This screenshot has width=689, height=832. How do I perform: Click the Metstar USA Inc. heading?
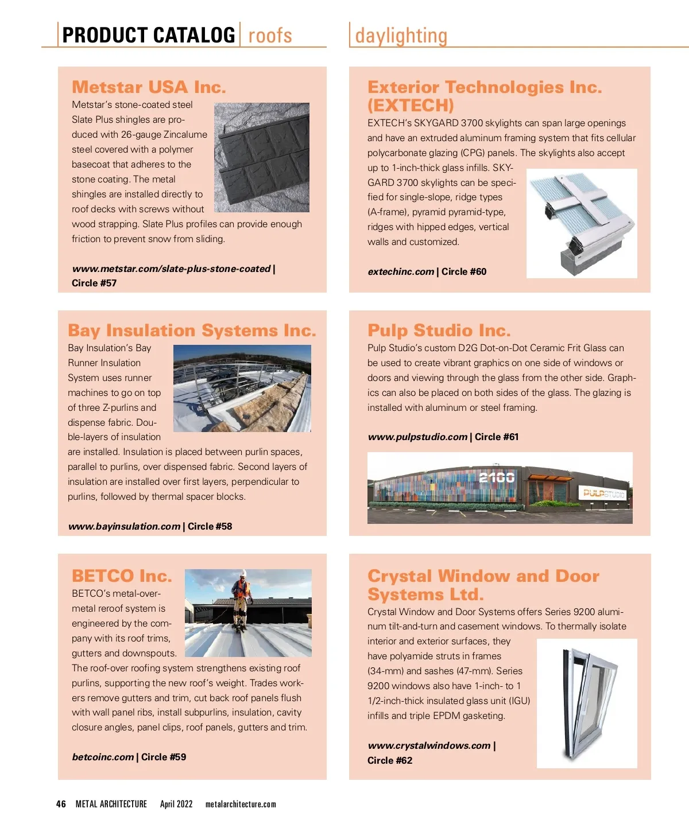[x=149, y=87]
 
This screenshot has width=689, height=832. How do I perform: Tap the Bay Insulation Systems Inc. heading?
[x=192, y=331]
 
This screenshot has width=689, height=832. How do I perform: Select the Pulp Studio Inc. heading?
[x=439, y=331]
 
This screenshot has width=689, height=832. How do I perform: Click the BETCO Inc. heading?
[x=122, y=576]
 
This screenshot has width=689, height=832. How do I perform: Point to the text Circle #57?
[x=94, y=283]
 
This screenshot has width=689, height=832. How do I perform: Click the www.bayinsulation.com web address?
[x=124, y=526]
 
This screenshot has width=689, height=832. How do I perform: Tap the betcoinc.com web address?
[x=103, y=757]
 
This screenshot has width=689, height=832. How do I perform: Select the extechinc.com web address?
[x=401, y=271]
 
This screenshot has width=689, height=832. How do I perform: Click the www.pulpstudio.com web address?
[x=417, y=437]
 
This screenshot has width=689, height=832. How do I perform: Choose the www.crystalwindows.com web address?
[x=429, y=745]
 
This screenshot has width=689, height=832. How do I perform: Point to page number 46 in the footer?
[x=61, y=804]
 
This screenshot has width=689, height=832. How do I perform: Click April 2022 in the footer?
[x=176, y=804]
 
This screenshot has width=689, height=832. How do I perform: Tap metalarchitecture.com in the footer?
[x=241, y=804]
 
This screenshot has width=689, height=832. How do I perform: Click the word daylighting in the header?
[x=401, y=36]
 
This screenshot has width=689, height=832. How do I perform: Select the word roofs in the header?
[x=270, y=36]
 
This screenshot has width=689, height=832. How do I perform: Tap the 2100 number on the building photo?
[x=497, y=477]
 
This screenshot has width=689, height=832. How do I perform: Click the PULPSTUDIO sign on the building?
[x=604, y=493]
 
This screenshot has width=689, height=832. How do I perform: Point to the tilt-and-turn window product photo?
[x=587, y=703]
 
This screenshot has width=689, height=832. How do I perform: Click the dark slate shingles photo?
[x=262, y=157]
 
